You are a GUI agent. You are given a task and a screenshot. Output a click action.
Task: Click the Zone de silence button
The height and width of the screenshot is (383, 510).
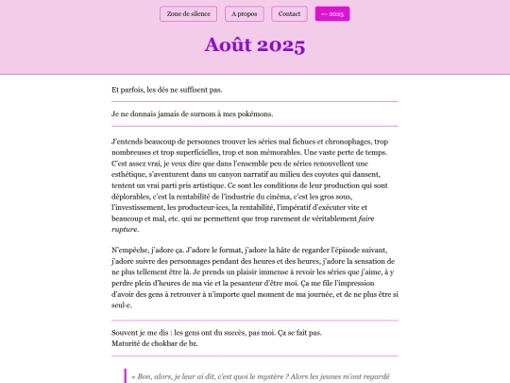tap(188, 13)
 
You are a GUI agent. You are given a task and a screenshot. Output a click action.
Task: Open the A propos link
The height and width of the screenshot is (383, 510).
tap(245, 13)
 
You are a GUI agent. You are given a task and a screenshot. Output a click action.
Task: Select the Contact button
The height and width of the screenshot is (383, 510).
tap(289, 13)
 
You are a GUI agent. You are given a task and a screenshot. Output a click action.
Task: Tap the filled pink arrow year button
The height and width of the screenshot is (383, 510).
tap(332, 13)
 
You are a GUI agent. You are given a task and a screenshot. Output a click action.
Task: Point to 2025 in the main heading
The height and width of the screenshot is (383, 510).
tap(281, 45)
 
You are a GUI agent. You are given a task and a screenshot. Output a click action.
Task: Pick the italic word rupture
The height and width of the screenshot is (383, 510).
tap(125, 229)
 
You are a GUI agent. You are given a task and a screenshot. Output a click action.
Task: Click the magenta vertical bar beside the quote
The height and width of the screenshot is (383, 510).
tap(124, 375)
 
